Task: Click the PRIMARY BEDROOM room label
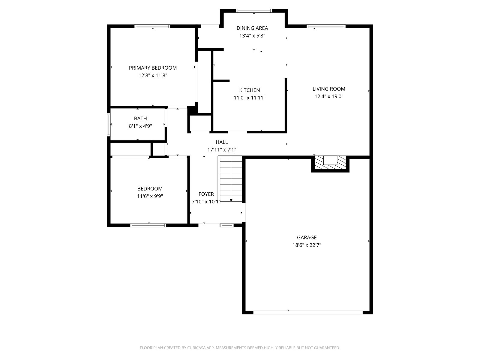153,68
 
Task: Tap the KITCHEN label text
249,90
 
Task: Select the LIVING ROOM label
329,89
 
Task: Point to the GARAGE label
307,237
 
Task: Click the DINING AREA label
252,28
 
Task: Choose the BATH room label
140,118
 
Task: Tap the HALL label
222,142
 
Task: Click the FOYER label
206,194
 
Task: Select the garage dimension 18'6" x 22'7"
307,245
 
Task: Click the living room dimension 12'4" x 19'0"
329,96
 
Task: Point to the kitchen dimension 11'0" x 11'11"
249,98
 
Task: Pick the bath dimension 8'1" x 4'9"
140,126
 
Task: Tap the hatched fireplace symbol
330,162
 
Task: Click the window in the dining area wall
254,11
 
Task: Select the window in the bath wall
109,124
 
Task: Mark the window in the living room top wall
326,26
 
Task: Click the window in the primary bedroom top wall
152,26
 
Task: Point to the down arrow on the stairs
231,200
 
